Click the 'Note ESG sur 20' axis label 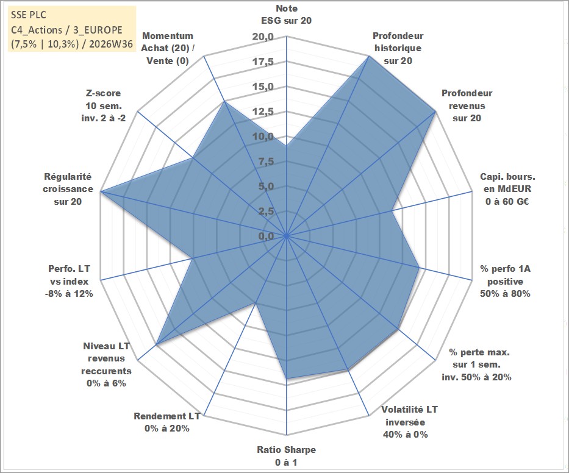coord(286,15)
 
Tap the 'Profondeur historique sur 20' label coord(398,48)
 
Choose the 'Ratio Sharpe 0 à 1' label coord(286,456)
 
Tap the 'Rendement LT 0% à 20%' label coord(167,422)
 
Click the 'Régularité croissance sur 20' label coord(68,189)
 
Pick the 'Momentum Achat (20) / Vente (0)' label coord(168,48)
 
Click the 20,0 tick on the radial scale coord(263,37)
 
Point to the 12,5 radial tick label coord(263,112)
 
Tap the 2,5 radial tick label coord(266,211)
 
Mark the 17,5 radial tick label coord(263,62)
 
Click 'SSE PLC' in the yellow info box coord(29,15)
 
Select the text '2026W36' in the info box coord(111,44)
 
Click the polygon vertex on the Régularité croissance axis coord(101,191)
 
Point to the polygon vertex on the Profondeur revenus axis coord(435,112)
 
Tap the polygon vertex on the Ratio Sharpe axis coord(287,379)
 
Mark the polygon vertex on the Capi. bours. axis coord(392,210)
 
